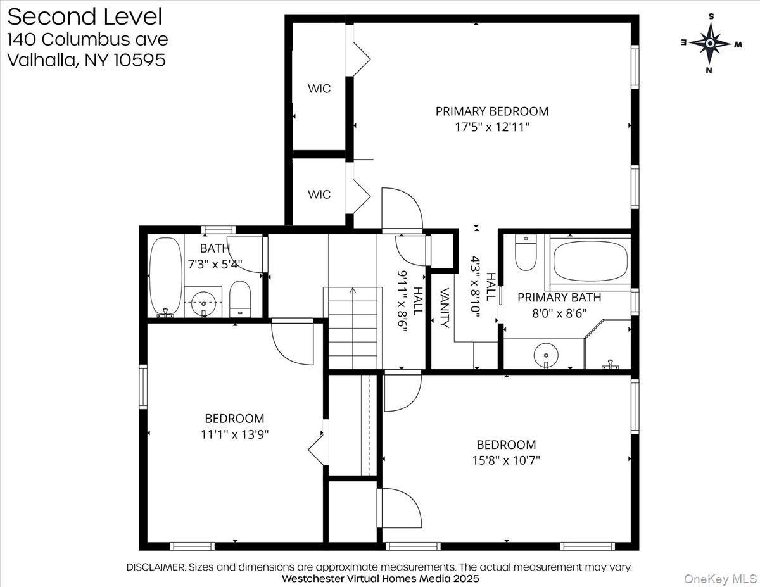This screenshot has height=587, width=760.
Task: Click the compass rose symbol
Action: pyautogui.click(x=711, y=43)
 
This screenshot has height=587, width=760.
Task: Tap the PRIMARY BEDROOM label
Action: pyautogui.click(x=491, y=111)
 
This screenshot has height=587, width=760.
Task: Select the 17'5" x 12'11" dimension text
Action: pyautogui.click(x=491, y=127)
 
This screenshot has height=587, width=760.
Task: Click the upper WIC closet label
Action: pyautogui.click(x=319, y=89)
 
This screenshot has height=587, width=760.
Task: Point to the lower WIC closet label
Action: pyautogui.click(x=319, y=194)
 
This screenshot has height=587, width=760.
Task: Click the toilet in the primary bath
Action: pyautogui.click(x=526, y=253)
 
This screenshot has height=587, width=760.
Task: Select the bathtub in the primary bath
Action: pyautogui.click(x=590, y=260)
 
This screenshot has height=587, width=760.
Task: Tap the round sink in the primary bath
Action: pyautogui.click(x=544, y=355)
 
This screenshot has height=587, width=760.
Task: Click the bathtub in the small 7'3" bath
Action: pyautogui.click(x=166, y=276)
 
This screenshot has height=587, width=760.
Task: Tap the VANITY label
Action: pyautogui.click(x=445, y=308)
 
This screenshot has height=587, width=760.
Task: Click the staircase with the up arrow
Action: pyautogui.click(x=353, y=327)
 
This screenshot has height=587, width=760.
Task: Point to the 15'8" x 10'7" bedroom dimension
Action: pyautogui.click(x=506, y=460)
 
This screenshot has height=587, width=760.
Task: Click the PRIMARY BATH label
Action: pyautogui.click(x=559, y=297)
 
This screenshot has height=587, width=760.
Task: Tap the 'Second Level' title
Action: pyautogui.click(x=84, y=16)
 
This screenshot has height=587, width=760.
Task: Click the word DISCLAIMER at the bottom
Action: pyautogui.click(x=155, y=567)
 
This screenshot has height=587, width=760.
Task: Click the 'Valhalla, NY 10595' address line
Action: pyautogui.click(x=86, y=60)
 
